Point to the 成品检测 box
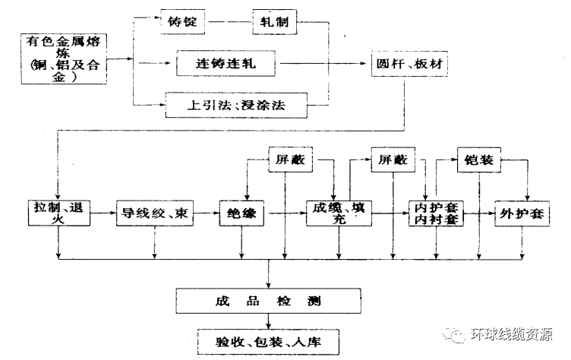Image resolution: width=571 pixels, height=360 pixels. pos(268,300)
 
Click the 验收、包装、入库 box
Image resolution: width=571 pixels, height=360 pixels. pos(268,340)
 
